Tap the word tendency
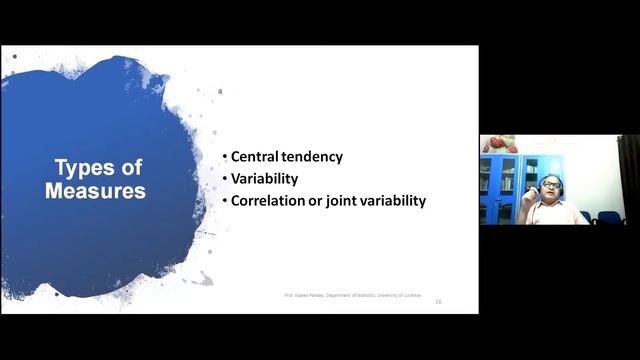tap(313, 157)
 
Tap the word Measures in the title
tap(96, 190)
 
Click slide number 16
tap(438, 301)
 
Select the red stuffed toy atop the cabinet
tap(501, 144)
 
